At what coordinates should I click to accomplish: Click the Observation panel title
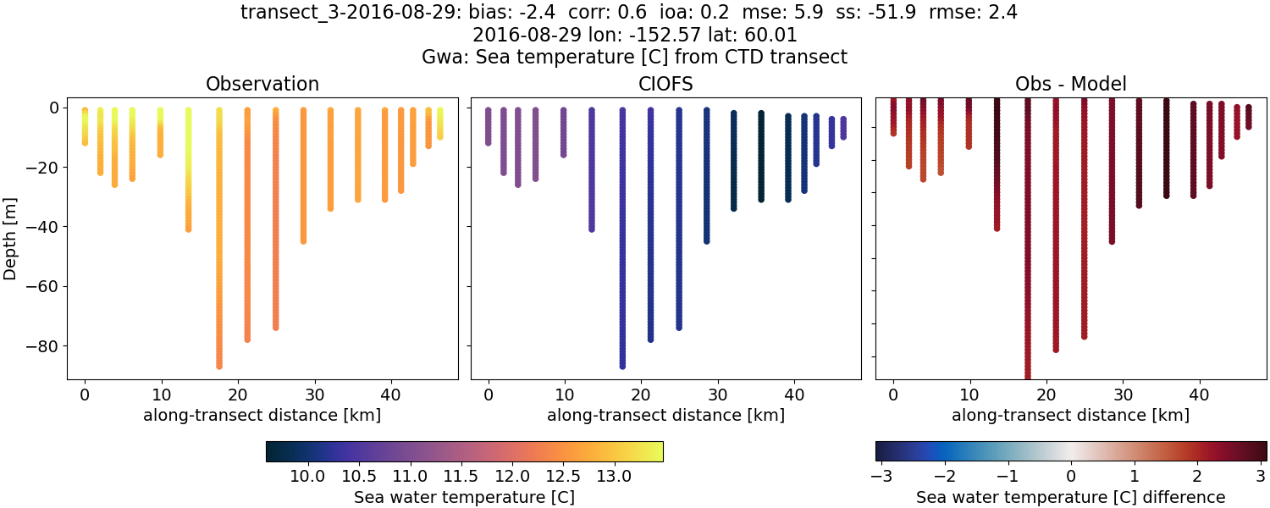(262, 85)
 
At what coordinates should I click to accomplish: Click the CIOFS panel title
(665, 85)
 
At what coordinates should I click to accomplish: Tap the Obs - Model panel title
(1070, 85)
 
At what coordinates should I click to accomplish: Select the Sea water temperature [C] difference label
(1070, 497)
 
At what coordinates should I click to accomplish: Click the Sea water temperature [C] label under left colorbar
(464, 497)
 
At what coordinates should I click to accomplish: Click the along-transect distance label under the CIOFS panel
(665, 415)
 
